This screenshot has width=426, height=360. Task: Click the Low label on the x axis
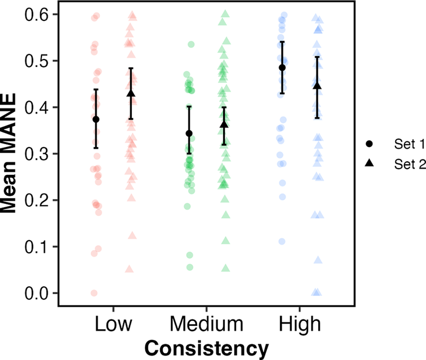click(x=113, y=324)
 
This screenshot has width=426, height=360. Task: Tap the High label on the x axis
click(x=300, y=324)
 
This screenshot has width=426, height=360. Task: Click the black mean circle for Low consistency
click(x=96, y=119)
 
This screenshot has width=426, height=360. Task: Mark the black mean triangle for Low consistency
click(x=131, y=94)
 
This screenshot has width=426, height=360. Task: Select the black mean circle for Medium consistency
click(x=189, y=133)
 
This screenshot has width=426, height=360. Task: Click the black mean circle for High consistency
click(x=282, y=68)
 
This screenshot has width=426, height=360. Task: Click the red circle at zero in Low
click(x=94, y=293)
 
